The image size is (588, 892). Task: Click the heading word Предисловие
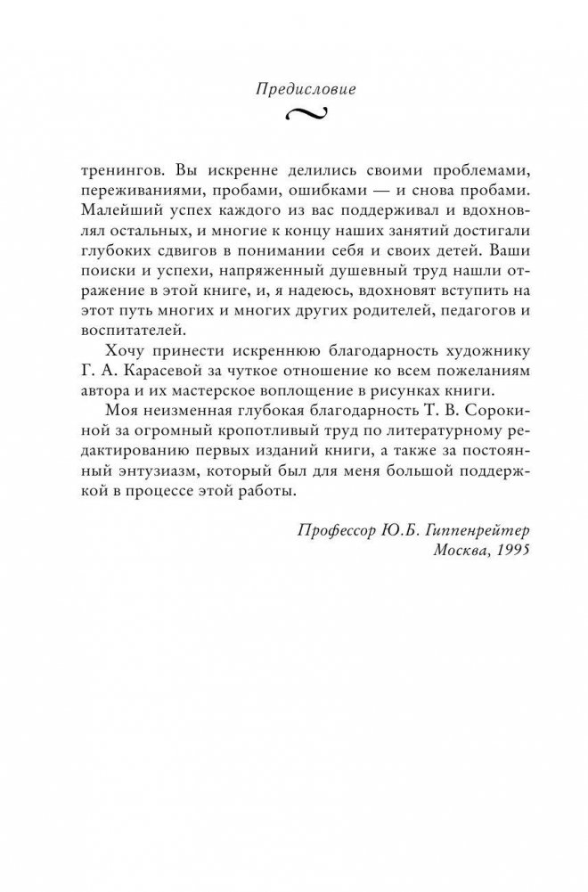pyautogui.click(x=293, y=88)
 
